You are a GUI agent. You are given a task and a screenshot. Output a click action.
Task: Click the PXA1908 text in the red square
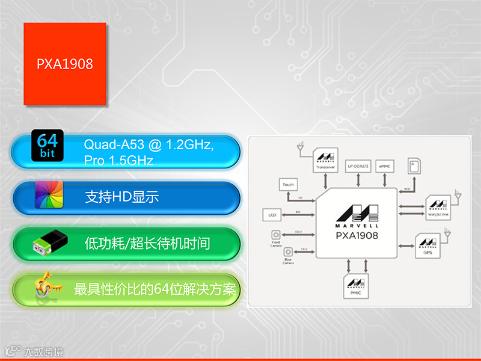pyautogui.click(x=65, y=64)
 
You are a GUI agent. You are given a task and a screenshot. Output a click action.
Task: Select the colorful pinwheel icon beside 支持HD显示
pyautogui.click(x=49, y=195)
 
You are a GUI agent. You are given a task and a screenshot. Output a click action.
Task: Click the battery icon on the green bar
pyautogui.click(x=47, y=244)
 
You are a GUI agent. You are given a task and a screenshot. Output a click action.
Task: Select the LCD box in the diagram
pyautogui.click(x=272, y=214)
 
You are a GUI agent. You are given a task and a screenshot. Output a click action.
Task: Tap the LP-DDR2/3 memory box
pyautogui.click(x=358, y=165)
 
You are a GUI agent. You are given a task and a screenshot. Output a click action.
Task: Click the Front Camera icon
pyautogui.click(x=277, y=235)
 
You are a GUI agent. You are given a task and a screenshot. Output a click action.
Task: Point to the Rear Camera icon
pyautogui.click(x=289, y=251)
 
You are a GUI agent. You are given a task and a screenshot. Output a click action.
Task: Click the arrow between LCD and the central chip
pyautogui.click(x=299, y=214)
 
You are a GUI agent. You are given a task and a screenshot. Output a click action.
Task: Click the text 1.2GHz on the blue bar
pyautogui.click(x=190, y=144)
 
